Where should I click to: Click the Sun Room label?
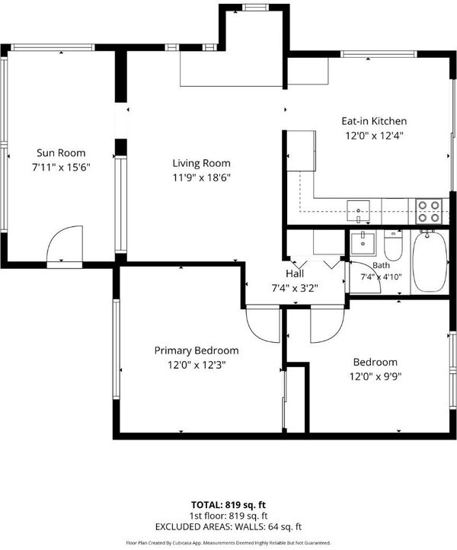pyautogui.click(x=61, y=153)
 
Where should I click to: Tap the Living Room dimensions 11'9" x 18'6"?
pyautogui.click(x=201, y=177)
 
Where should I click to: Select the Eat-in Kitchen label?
pyautogui.click(x=374, y=121)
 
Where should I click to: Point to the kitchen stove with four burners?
pyautogui.click(x=429, y=211)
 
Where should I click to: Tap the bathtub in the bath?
pyautogui.click(x=430, y=261)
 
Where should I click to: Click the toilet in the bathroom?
pyautogui.click(x=392, y=245)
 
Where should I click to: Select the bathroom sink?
pyautogui.click(x=363, y=243)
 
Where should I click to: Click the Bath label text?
pyautogui.click(x=381, y=266)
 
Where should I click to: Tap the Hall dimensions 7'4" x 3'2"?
pyautogui.click(x=295, y=288)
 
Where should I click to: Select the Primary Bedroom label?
pyautogui.click(x=197, y=350)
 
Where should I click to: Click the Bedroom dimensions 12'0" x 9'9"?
pyautogui.click(x=376, y=377)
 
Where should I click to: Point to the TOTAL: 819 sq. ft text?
pyautogui.click(x=228, y=505)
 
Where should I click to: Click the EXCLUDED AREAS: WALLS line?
pyautogui.click(x=228, y=526)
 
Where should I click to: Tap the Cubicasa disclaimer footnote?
pyautogui.click(x=228, y=542)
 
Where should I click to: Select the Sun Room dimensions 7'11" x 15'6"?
pyautogui.click(x=62, y=168)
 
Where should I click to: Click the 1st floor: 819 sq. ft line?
pyautogui.click(x=228, y=516)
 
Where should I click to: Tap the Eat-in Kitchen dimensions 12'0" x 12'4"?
pyautogui.click(x=374, y=136)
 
